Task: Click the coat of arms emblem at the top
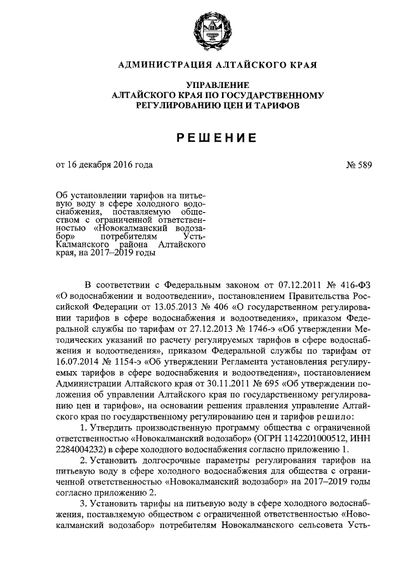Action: click(203, 28)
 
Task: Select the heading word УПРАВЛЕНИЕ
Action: click(203, 85)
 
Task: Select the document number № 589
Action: click(358, 165)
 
